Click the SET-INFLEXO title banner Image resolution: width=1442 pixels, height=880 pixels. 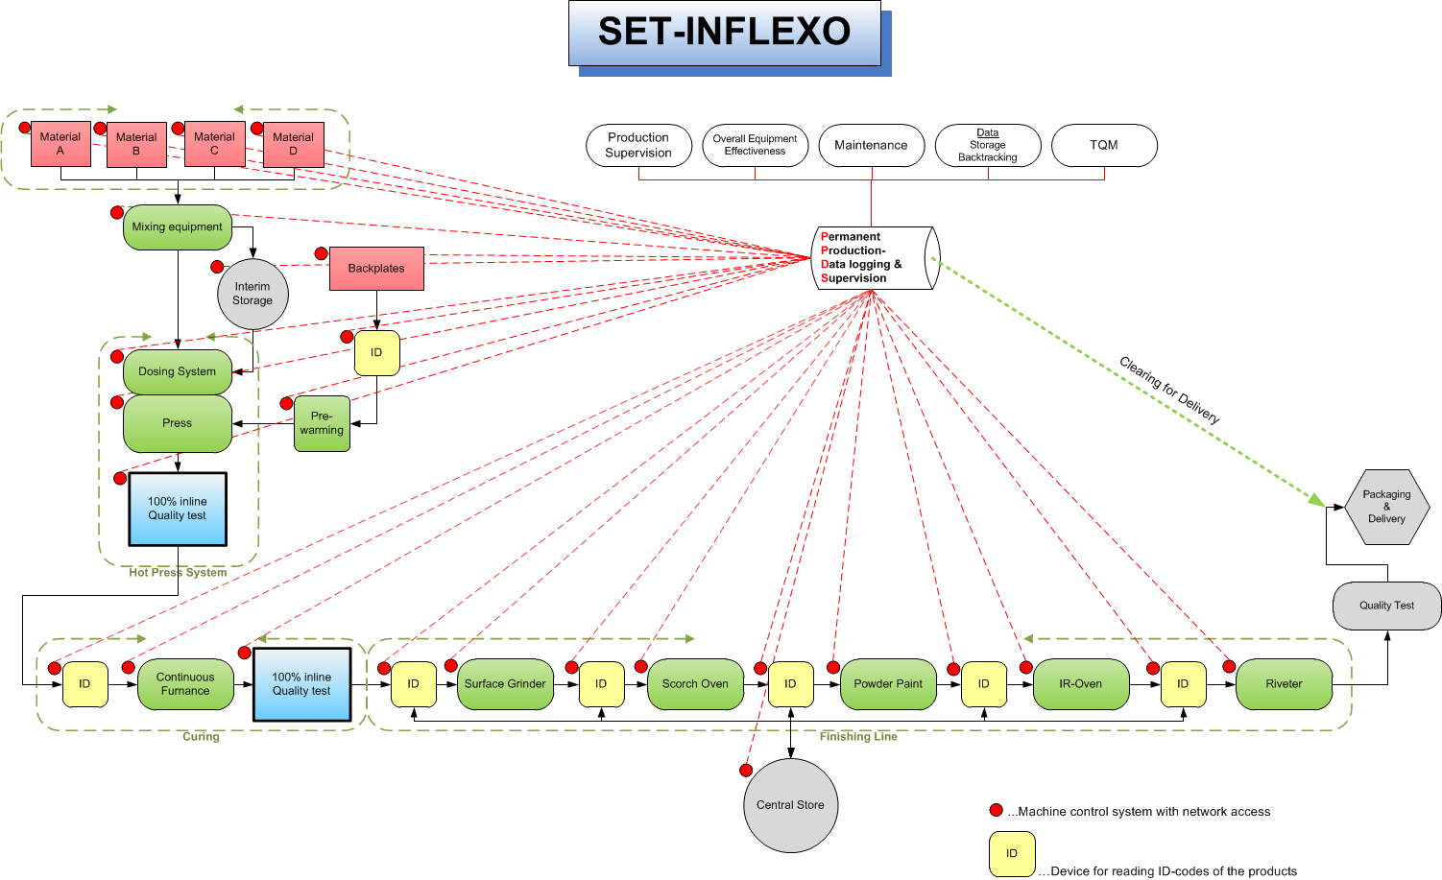coord(724,33)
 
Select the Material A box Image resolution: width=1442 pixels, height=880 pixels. coord(60,144)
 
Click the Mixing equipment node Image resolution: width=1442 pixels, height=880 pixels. coord(178,227)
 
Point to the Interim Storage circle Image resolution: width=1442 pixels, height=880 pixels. coord(253,294)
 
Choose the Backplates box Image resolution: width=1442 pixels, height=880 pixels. coord(376,269)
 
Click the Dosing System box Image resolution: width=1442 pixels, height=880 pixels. coord(178,371)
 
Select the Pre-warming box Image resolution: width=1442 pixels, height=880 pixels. coord(322,423)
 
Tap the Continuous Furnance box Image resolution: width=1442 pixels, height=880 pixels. coord(185,684)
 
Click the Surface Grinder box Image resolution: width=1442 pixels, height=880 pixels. coord(505,684)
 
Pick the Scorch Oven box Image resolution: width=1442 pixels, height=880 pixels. coord(695,684)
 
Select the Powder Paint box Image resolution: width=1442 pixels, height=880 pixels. coord(888,684)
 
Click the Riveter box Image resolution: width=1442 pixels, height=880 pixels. coord(1285,684)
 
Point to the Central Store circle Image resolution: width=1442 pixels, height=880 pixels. coord(791,805)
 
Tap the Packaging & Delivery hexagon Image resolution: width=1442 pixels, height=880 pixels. coord(1387,507)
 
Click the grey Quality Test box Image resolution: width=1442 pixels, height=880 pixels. coord(1387,606)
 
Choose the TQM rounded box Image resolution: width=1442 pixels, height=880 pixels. coord(1105,145)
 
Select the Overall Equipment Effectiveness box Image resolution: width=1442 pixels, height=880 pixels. coord(756,145)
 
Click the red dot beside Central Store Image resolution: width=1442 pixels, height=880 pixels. coord(746,770)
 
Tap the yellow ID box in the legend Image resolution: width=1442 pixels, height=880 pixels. coord(1013,854)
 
